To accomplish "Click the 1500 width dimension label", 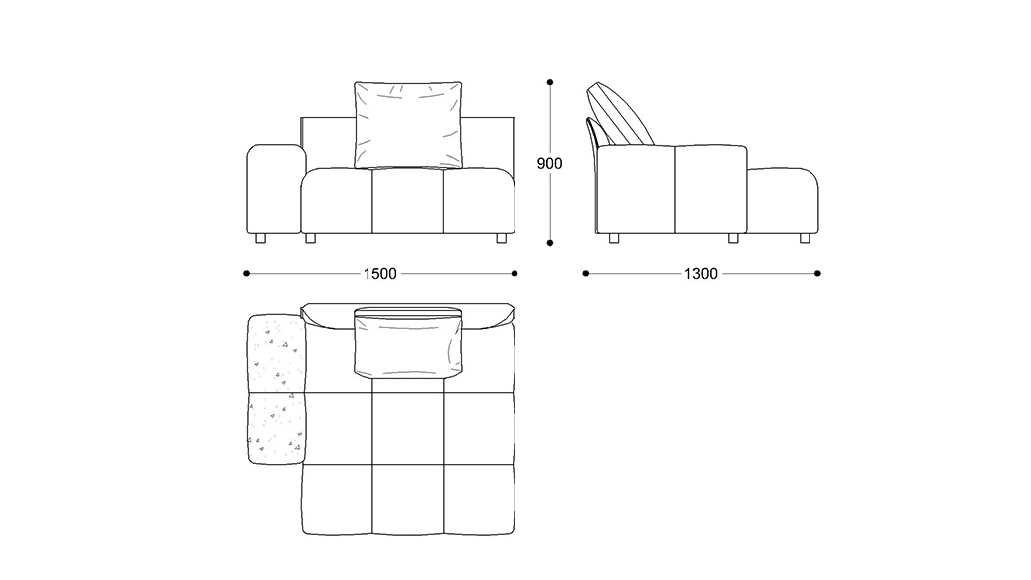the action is tap(380, 273).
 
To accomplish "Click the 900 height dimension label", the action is tap(549, 163).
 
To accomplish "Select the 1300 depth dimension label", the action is tap(701, 273).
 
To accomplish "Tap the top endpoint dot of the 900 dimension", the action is tap(550, 82).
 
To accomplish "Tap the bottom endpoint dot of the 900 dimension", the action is tap(550, 243).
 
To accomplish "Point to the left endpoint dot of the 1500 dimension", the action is tap(246, 273).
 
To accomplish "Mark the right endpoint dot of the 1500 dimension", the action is tap(515, 273).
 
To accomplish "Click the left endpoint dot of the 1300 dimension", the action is tap(586, 273).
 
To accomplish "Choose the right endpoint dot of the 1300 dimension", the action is tap(818, 273).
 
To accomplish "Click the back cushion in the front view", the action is tap(407, 125).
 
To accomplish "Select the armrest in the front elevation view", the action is tap(276, 189).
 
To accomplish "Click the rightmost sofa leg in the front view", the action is tap(502, 238).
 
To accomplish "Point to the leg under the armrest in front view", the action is tap(260, 238).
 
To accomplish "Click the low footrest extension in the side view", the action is tap(783, 201).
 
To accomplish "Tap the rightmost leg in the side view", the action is tap(805, 238).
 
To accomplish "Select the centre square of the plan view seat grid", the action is tap(407, 429).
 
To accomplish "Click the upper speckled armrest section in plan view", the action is tap(276, 354).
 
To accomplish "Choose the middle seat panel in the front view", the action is tap(407, 202).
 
